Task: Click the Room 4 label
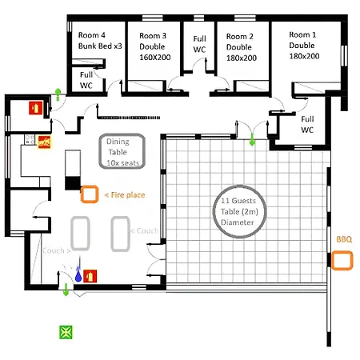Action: (92, 35)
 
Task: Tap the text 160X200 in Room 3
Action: (155, 57)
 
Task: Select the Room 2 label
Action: (240, 36)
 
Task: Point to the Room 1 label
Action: (302, 34)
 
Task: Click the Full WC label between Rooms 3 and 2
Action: (199, 44)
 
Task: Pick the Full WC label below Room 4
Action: (86, 80)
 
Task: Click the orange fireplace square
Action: (90, 194)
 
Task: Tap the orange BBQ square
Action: (342, 260)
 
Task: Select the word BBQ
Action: (344, 239)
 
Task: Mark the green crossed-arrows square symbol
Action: (66, 332)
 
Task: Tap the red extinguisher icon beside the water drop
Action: (90, 276)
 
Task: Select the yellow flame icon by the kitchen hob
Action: (45, 142)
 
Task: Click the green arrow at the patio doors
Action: (252, 140)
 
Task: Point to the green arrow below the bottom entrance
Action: (66, 290)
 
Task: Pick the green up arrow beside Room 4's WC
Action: (58, 94)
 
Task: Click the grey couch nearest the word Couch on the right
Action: (121, 234)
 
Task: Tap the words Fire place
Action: (128, 195)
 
